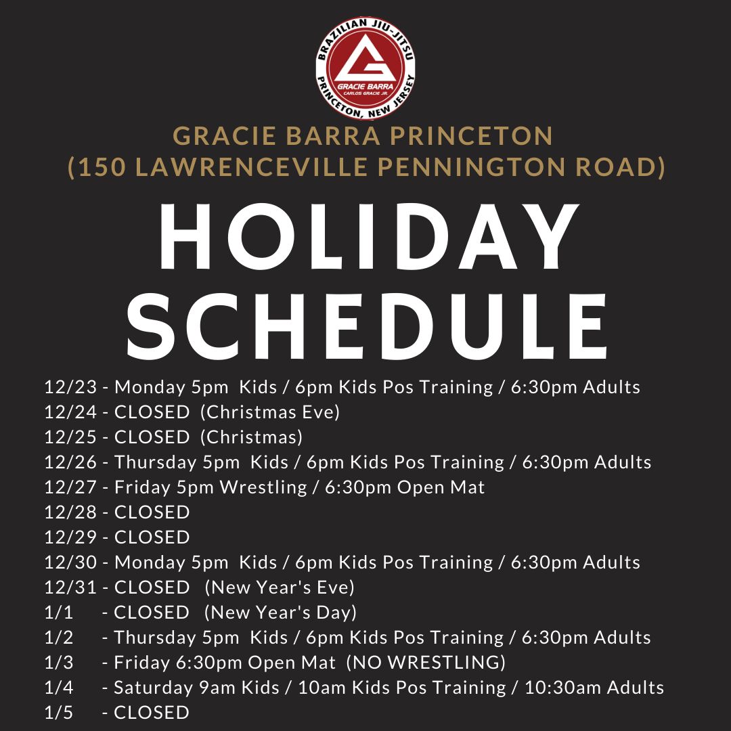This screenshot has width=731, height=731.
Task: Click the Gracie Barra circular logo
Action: pyautogui.click(x=365, y=68)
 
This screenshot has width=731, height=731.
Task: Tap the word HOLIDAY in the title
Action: pyautogui.click(x=369, y=236)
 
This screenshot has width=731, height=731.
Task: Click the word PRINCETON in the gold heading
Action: pyautogui.click(x=471, y=136)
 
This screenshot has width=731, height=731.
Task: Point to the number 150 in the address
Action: pyautogui.click(x=103, y=167)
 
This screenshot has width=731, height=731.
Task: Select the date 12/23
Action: pyautogui.click(x=70, y=387)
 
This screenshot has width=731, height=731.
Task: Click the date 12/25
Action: pyautogui.click(x=70, y=437)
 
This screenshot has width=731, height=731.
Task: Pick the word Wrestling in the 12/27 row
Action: pyautogui.click(x=263, y=487)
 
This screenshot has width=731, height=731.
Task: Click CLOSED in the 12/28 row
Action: pyautogui.click(x=152, y=512)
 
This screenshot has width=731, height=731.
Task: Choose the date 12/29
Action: pyautogui.click(x=70, y=537)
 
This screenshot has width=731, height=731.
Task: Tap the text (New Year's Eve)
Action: pyautogui.click(x=280, y=588)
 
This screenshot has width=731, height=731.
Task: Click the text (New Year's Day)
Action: pyautogui.click(x=281, y=613)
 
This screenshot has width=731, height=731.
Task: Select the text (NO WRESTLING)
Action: pyautogui.click(x=426, y=663)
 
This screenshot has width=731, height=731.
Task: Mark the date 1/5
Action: pyautogui.click(x=59, y=713)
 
